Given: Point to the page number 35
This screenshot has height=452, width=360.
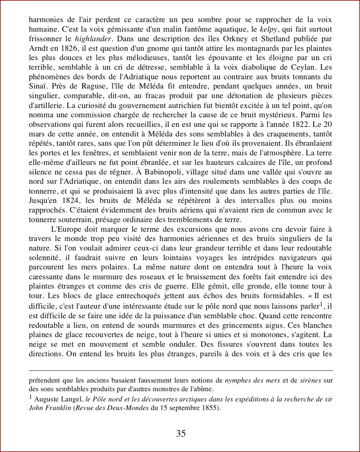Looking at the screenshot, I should click(181, 433).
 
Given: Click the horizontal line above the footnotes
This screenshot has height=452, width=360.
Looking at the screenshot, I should click(181, 370).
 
